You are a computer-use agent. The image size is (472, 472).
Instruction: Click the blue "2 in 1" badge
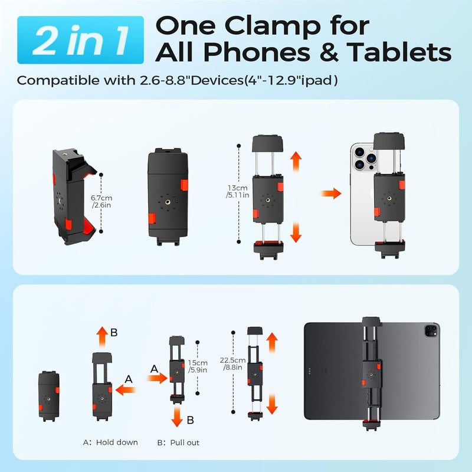pyautogui.click(x=80, y=40)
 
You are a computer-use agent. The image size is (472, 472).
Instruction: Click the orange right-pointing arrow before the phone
pyautogui.click(x=332, y=193)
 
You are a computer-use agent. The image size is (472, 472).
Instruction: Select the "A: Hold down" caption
pyautogui.click(x=110, y=442)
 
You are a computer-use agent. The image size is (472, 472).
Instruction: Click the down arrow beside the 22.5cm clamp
pyautogui.click(x=272, y=404)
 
